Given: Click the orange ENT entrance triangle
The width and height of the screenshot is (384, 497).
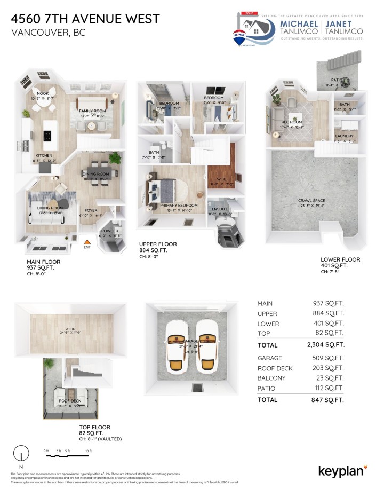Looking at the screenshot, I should (x=87, y=241).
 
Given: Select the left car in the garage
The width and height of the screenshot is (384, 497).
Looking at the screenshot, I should (x=175, y=347).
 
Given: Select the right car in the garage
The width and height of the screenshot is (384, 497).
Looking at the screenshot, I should (x=206, y=347).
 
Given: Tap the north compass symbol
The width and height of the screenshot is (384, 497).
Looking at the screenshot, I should (x=21, y=454).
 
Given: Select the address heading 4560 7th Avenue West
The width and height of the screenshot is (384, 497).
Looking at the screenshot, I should (x=85, y=20).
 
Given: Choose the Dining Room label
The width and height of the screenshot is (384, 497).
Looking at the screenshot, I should (x=96, y=174).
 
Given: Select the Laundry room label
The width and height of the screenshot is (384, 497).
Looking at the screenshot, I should (x=345, y=136).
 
